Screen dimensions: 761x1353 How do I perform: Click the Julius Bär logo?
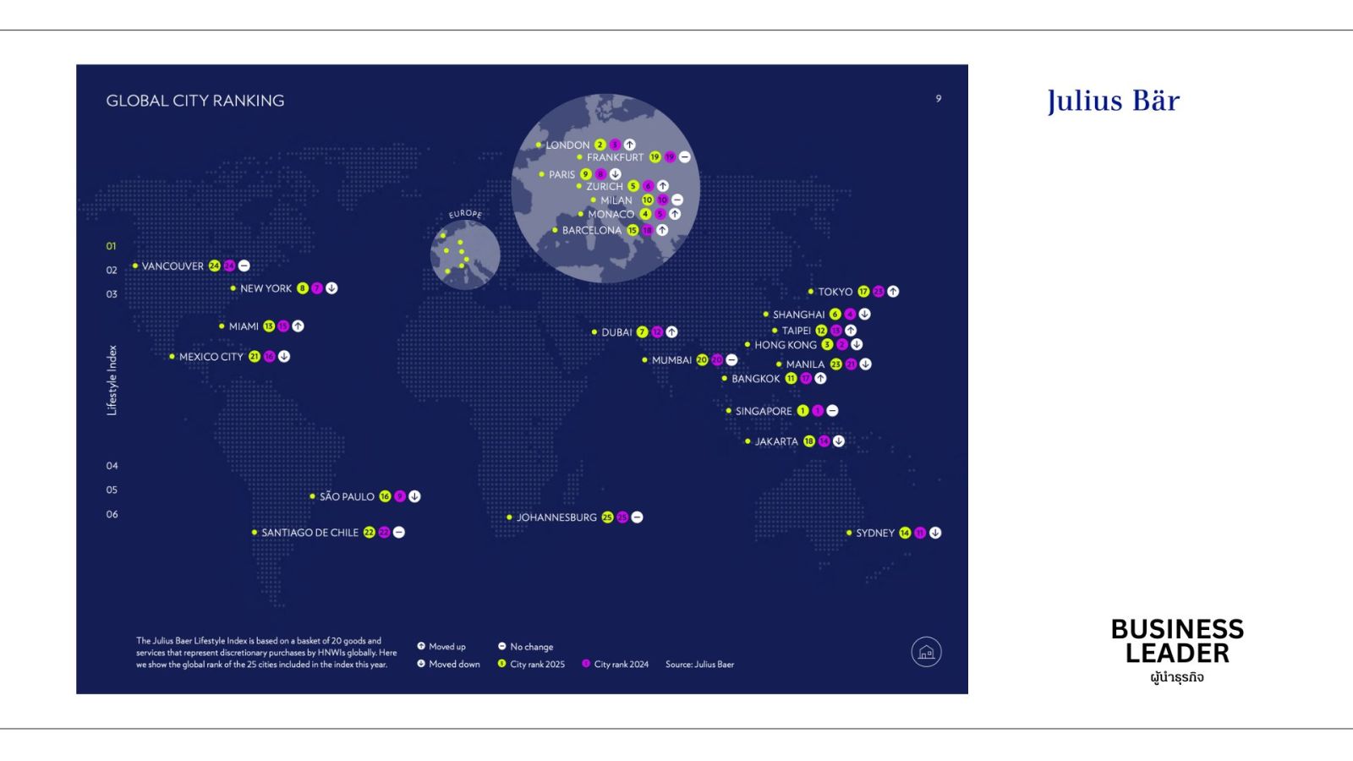coord(1113,101)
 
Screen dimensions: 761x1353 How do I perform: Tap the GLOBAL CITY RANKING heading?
coord(195,101)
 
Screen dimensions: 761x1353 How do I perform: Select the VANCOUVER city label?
coord(173,266)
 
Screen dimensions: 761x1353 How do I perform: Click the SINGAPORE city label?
coord(764,411)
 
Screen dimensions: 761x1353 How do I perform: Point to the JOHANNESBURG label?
coord(556,517)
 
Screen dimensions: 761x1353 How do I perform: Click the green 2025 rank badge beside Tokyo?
coord(863,292)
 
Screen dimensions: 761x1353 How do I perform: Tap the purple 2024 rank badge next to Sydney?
coord(920,533)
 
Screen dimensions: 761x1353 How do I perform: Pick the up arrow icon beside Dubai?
coord(671,332)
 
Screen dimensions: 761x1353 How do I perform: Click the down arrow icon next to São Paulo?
coord(414,496)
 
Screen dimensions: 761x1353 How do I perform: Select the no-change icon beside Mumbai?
coord(731,360)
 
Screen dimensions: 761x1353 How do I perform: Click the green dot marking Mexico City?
coord(172,357)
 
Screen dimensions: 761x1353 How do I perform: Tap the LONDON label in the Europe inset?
coord(567,145)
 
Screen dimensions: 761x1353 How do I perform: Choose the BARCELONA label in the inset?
coord(592,231)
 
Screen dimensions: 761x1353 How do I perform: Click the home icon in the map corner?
coord(926,652)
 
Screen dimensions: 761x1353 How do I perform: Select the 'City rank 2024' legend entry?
coord(621,665)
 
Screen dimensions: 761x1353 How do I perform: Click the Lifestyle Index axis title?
coord(112,380)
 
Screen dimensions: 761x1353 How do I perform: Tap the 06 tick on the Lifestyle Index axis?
coord(112,514)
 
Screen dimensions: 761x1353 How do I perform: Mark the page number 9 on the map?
coord(938,99)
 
